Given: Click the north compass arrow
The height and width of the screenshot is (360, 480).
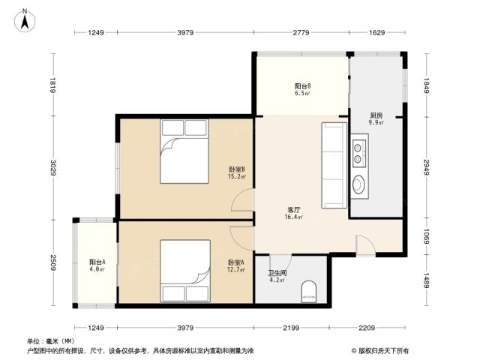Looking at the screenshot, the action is pyautogui.click(x=25, y=22).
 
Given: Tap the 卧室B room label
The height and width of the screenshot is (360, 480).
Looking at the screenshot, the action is pyautogui.click(x=237, y=169).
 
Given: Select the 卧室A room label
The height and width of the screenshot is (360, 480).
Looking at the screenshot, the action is pyautogui.click(x=236, y=262).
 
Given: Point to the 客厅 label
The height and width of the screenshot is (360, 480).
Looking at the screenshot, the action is pyautogui.click(x=293, y=210).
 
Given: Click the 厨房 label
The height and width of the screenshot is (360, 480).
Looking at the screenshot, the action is pyautogui.click(x=376, y=115).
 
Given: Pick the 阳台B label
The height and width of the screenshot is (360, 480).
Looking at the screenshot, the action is pyautogui.click(x=303, y=86).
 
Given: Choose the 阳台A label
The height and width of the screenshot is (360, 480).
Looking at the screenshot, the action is pyautogui.click(x=97, y=262).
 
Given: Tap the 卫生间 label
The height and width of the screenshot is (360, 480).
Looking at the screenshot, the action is pyautogui.click(x=277, y=273).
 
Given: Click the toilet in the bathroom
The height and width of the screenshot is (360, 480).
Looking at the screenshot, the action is pyautogui.click(x=308, y=292).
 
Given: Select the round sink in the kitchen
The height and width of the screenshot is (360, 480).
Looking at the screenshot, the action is pyautogui.click(x=358, y=184).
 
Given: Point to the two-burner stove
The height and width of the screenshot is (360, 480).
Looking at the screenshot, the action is pyautogui.click(x=359, y=153).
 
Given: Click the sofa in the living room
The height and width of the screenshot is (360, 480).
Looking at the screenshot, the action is pyautogui.click(x=334, y=165).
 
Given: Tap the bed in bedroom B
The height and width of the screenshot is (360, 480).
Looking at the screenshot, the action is pyautogui.click(x=184, y=151).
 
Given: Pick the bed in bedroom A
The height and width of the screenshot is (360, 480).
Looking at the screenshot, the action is pyautogui.click(x=185, y=271).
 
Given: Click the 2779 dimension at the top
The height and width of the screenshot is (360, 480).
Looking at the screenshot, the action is pyautogui.click(x=301, y=32).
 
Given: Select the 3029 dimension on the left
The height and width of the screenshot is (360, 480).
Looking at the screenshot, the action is pyautogui.click(x=52, y=168).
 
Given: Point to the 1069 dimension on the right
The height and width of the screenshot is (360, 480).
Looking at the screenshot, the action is pyautogui.click(x=427, y=236).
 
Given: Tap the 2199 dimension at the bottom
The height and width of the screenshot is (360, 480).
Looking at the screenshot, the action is pyautogui.click(x=291, y=328).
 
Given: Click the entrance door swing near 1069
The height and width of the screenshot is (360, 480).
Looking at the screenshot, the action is pyautogui.click(x=366, y=245).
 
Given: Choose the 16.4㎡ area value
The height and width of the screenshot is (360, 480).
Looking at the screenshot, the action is pyautogui.click(x=294, y=217).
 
